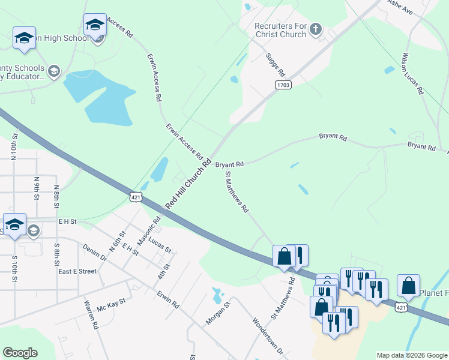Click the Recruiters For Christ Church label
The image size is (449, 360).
pos(280,30)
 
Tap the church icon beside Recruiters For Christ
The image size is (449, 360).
pos(316,28)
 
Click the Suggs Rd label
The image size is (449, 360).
pos(275,65)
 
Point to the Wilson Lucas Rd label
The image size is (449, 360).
pos(412,74)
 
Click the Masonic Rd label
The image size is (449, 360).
pos(150,230)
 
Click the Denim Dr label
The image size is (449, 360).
pos(95,253)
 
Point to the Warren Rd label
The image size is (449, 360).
pos(92,314)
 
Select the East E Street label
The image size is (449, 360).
pos(77,271)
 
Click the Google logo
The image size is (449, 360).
pos(20,353)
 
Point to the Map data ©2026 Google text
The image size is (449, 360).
pos(411,355)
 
